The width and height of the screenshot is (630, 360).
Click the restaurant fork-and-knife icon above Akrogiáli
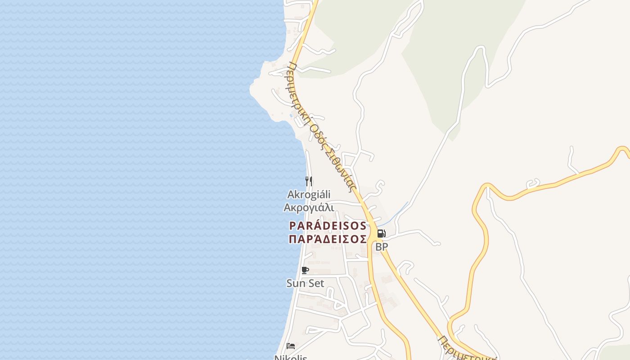pos(309,181)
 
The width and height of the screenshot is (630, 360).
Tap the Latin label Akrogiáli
pos(309,194)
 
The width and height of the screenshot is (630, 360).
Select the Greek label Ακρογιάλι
pos(309,207)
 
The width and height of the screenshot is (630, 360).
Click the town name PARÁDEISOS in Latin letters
pos(328,225)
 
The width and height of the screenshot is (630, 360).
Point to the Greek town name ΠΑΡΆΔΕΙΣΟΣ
pos(328,239)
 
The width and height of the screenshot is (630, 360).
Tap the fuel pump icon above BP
pos(381,234)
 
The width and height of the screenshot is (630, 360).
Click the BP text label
pos(382,247)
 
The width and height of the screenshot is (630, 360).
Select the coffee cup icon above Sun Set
pos(305,270)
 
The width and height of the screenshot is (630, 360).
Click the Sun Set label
pos(305,283)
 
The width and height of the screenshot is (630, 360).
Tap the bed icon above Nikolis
pos(291,346)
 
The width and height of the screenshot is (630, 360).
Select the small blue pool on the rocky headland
pos(292,116)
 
